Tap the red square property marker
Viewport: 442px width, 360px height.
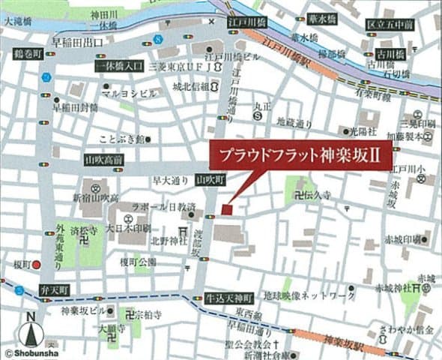tap(227, 210)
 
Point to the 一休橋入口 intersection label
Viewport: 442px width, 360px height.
tap(119, 67)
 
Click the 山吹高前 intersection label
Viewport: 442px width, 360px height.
tap(104, 160)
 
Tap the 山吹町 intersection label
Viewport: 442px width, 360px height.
tap(211, 180)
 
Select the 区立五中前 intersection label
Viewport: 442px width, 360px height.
tap(390, 25)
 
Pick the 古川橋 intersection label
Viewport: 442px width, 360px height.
tap(390, 55)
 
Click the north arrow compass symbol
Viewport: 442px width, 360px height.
tap(31, 328)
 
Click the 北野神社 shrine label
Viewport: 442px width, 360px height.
tap(165, 241)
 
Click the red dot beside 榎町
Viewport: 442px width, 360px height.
tap(36, 264)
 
